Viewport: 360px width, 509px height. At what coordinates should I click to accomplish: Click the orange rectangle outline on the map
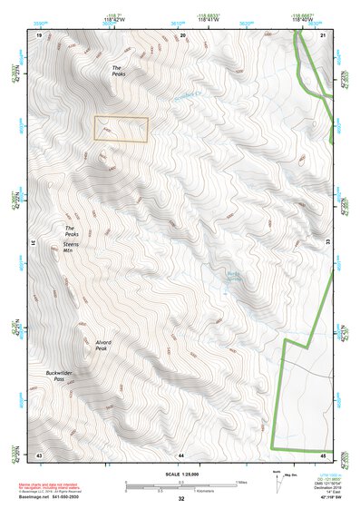coord(121,130)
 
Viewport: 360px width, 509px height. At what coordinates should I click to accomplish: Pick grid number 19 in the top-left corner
coord(39,34)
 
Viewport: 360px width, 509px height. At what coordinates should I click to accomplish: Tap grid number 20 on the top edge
coord(182,34)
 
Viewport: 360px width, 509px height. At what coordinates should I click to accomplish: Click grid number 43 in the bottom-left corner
coord(39,454)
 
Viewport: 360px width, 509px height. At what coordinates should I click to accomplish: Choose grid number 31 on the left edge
coord(34,244)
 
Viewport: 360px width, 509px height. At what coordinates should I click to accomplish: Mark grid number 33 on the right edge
coord(327,244)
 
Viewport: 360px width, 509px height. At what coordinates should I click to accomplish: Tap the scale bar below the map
coord(181,485)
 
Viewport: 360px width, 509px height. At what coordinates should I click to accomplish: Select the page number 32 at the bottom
coord(181,499)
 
